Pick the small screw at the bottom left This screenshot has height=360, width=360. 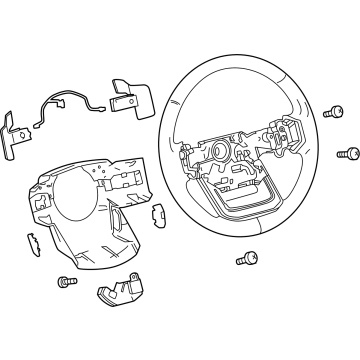pos(68,283)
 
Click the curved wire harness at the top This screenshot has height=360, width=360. pos(61,105)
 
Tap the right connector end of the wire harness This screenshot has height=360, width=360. pos(104,106)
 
